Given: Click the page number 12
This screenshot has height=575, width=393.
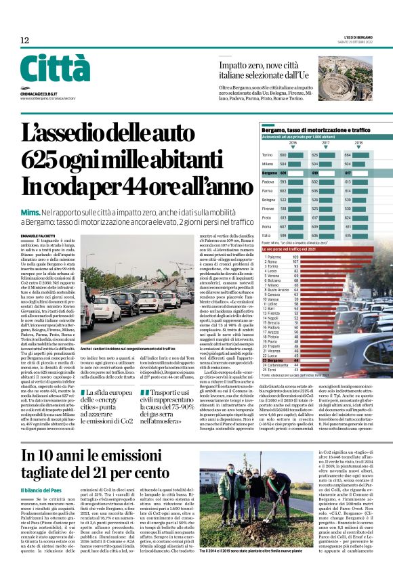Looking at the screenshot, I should point(24,41).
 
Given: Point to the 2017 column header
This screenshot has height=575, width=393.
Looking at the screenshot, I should point(326,143).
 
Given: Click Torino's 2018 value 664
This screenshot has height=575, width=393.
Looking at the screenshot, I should point(367,155).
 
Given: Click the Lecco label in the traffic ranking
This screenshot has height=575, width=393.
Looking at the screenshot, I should point(274,271).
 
